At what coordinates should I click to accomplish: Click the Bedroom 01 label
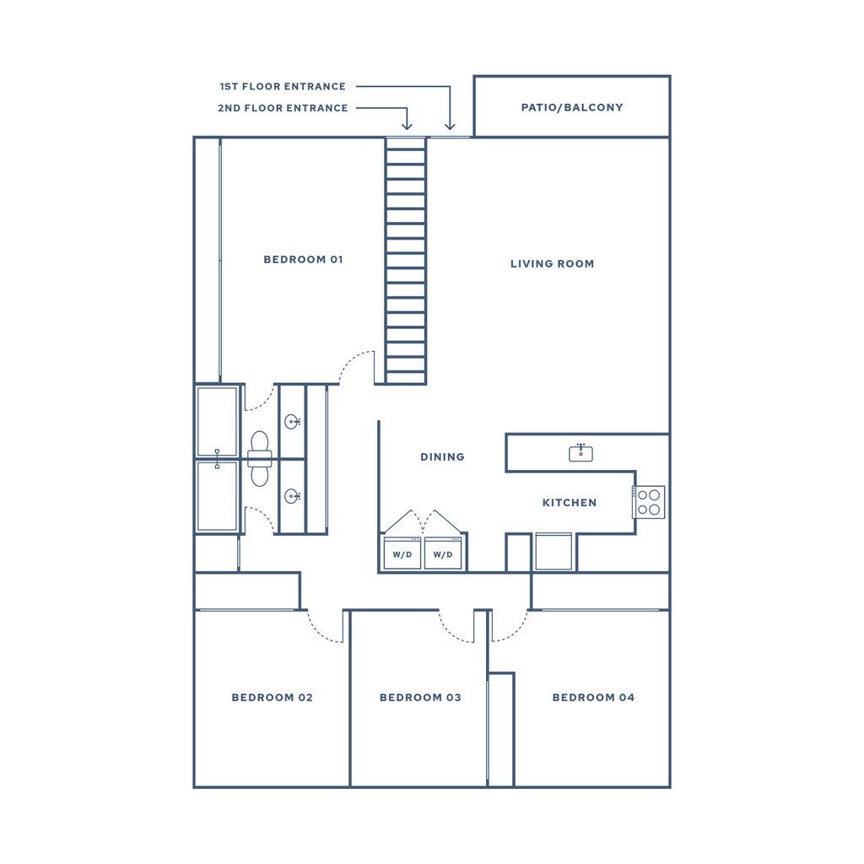point(303,259)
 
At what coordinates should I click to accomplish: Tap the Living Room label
point(552,263)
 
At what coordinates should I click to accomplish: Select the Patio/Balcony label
point(572,107)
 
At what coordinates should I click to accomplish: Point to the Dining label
point(442,456)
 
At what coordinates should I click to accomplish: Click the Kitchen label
point(569,502)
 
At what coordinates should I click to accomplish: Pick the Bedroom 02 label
point(272,697)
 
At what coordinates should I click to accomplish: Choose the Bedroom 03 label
point(420,697)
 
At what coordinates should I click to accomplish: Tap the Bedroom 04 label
point(593,697)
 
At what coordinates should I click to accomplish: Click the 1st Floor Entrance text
point(283,86)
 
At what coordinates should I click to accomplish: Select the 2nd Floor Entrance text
point(283,108)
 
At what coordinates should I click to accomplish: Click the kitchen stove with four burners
point(650,502)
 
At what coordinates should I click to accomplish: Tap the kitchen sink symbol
point(580,452)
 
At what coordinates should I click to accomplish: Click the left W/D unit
point(402,553)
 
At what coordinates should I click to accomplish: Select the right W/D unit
point(443,553)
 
